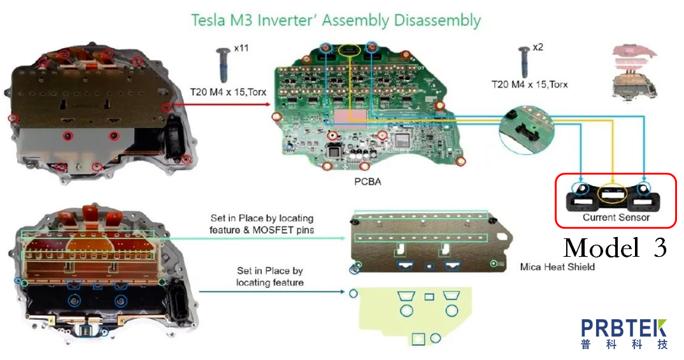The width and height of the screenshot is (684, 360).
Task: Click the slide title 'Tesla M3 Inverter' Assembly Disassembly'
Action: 336,20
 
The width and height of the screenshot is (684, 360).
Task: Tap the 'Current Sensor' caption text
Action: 616,217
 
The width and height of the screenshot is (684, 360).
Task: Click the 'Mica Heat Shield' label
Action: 557,266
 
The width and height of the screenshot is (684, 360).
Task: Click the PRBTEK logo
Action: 624,334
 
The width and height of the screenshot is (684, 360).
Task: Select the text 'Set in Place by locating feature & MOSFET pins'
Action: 261,224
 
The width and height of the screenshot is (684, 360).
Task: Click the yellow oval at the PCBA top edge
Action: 348,49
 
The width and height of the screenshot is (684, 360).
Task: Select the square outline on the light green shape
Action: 418,339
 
